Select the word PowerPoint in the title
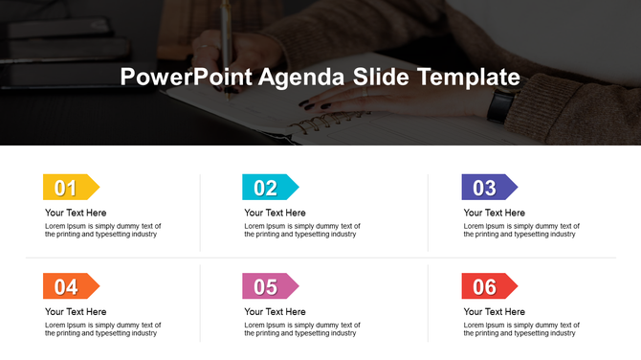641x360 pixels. point(187,78)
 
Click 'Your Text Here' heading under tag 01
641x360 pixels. point(76,213)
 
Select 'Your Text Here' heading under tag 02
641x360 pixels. point(275,213)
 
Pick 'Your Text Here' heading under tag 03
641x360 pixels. point(495,213)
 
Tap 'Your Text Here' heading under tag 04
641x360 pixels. point(76,312)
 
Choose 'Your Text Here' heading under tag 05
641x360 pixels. point(275,312)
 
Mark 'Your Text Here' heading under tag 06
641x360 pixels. point(495,312)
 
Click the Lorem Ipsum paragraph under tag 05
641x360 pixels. point(302,329)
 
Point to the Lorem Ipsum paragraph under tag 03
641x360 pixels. point(521,230)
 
